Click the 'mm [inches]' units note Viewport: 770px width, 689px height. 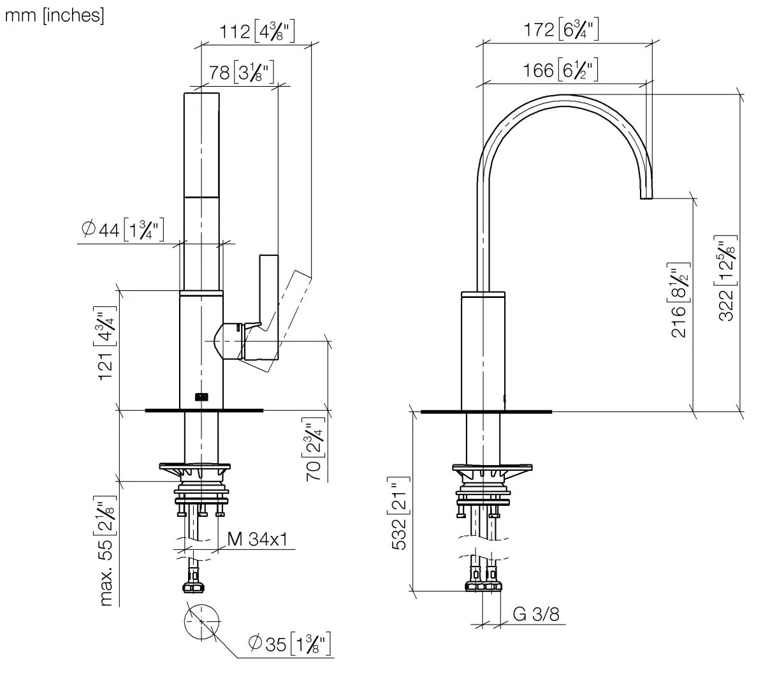[x=54, y=15]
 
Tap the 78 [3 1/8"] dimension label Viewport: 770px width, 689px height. [x=242, y=72]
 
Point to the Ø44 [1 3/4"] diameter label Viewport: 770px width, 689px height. [x=123, y=230]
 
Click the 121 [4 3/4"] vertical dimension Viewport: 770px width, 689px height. [x=106, y=344]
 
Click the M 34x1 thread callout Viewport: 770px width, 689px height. [x=257, y=540]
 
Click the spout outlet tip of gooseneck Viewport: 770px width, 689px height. [x=647, y=195]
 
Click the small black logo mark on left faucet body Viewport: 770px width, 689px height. [x=201, y=396]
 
